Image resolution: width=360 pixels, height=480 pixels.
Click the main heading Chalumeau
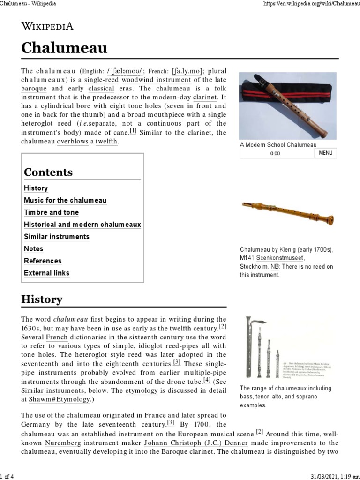click(x=64, y=48)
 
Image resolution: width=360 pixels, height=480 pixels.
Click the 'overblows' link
click(x=73, y=141)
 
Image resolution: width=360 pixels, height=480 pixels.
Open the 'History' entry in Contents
click(x=36, y=188)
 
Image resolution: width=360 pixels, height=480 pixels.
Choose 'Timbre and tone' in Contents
click(x=52, y=212)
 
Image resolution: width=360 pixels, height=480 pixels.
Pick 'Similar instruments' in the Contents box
click(x=56, y=237)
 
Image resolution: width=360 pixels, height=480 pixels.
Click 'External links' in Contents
click(x=47, y=273)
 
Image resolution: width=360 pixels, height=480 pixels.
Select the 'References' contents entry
click(x=43, y=261)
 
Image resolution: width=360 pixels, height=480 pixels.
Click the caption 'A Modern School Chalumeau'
click(x=278, y=145)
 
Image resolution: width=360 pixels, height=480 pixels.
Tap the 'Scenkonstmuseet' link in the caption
click(x=281, y=258)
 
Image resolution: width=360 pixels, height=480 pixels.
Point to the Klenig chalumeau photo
click(x=287, y=212)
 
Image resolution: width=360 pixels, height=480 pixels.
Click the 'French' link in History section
click(x=55, y=337)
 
